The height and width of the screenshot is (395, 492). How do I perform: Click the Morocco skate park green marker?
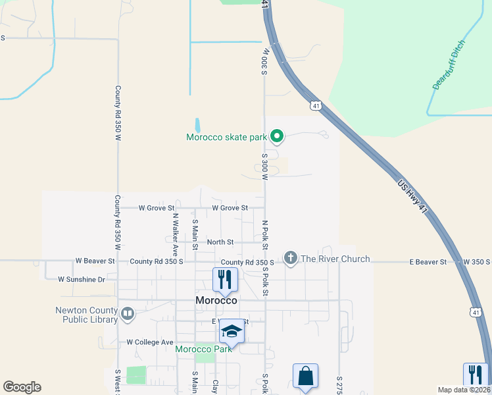pyautogui.click(x=278, y=137)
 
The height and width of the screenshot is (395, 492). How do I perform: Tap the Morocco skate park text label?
pyautogui.click(x=226, y=138)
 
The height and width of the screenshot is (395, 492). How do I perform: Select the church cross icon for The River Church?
pyautogui.click(x=291, y=259)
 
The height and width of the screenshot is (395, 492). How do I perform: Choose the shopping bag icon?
pyautogui.click(x=305, y=377)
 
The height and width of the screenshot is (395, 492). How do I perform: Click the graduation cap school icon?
pyautogui.click(x=232, y=331)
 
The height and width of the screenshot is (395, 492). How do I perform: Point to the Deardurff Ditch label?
pyautogui.click(x=449, y=65)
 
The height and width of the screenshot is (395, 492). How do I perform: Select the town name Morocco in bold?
pyautogui.click(x=216, y=300)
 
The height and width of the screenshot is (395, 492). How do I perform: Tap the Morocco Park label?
pyautogui.click(x=203, y=348)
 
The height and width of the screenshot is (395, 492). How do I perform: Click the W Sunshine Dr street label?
pyautogui.click(x=82, y=279)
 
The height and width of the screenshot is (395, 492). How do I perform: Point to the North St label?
pyautogui.click(x=220, y=242)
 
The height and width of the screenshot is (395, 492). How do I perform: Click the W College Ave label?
pyautogui.click(x=149, y=342)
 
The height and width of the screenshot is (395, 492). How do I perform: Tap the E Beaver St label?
pyautogui.click(x=428, y=262)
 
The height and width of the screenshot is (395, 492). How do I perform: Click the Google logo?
pyautogui.click(x=22, y=387)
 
